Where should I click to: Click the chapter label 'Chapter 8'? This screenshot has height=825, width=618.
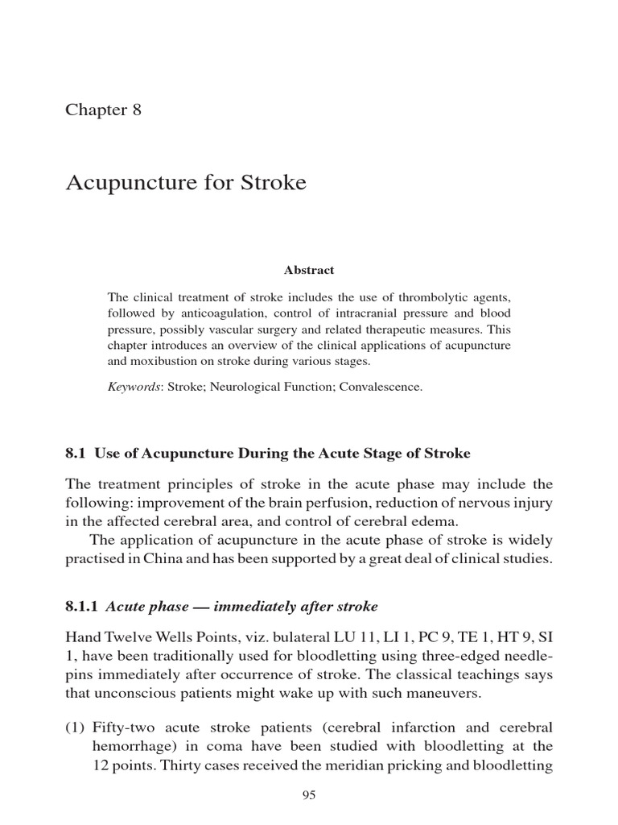[103, 110]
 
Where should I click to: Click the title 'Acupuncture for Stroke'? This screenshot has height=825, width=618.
[185, 183]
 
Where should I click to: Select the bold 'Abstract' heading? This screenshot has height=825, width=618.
[308, 271]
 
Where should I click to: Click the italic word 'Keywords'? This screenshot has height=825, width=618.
[134, 388]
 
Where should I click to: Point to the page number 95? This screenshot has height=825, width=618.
[309, 795]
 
